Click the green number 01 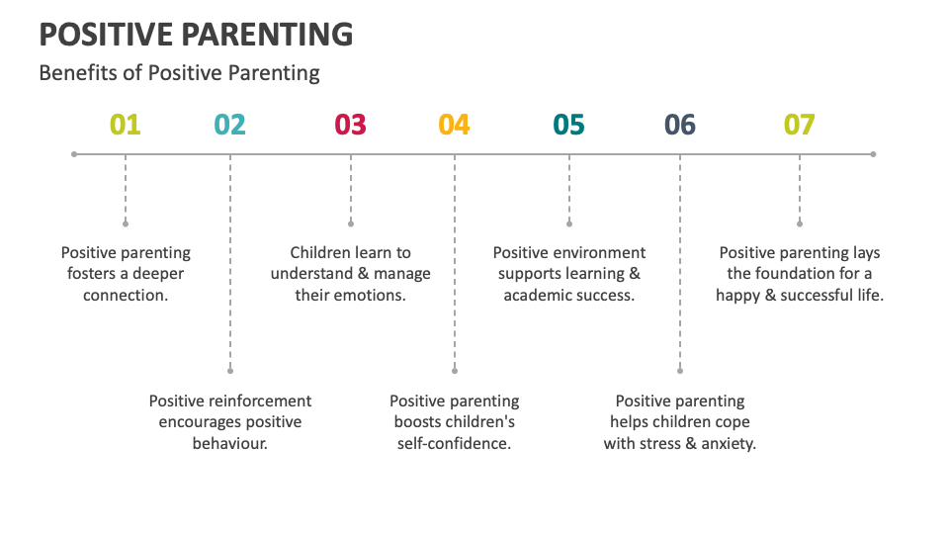click(125, 125)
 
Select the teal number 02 click(229, 125)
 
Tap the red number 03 click(350, 125)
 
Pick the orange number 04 click(454, 125)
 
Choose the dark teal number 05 click(568, 125)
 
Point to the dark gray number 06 click(679, 125)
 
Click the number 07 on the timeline click(799, 125)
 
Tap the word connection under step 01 click(126, 295)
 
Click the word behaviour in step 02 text click(229, 443)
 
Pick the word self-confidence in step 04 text click(454, 443)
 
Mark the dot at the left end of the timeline click(74, 154)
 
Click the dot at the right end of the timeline click(874, 154)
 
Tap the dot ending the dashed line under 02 click(230, 371)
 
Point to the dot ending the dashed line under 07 click(800, 223)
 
